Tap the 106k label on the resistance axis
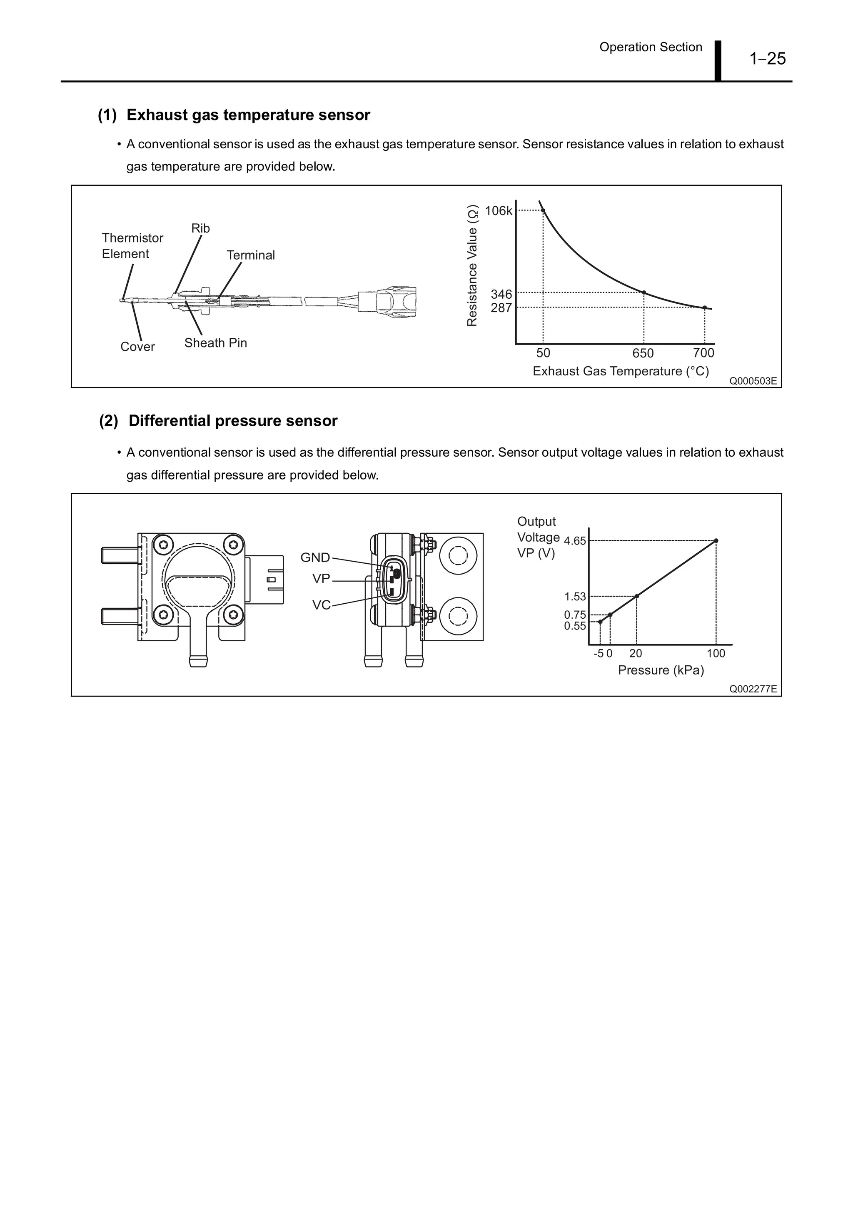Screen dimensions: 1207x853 pyautogui.click(x=498, y=211)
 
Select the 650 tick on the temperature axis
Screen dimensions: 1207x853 pyautogui.click(x=643, y=353)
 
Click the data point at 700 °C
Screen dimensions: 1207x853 pyautogui.click(x=704, y=307)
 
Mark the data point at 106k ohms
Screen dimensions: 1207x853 pyautogui.click(x=543, y=210)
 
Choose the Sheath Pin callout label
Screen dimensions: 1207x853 pyautogui.click(x=215, y=343)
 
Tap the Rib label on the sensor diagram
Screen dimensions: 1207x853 pyautogui.click(x=200, y=228)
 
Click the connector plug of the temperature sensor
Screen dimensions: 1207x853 pyautogui.click(x=387, y=301)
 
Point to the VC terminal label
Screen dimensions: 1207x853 pyautogui.click(x=321, y=605)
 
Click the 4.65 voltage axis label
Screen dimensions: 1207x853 pyautogui.click(x=574, y=541)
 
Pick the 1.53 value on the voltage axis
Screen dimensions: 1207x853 pyautogui.click(x=574, y=597)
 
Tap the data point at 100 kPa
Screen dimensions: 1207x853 pyautogui.click(x=716, y=540)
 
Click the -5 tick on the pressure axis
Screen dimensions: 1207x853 pyautogui.click(x=598, y=653)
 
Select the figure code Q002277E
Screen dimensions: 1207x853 pyautogui.click(x=752, y=689)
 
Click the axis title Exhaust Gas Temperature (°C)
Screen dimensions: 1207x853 pyautogui.click(x=620, y=371)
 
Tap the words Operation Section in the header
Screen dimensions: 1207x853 pyautogui.click(x=650, y=47)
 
